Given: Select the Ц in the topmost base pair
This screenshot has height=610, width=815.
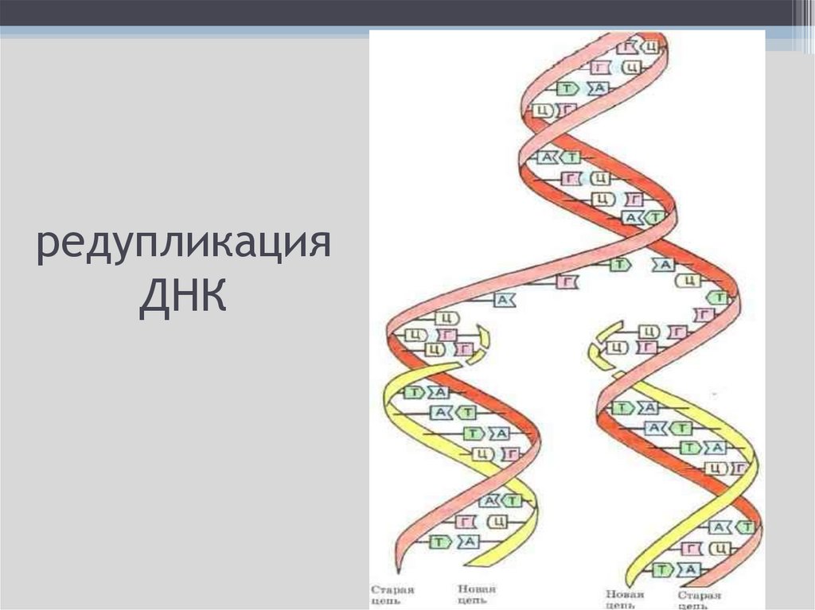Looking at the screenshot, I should click(x=650, y=47).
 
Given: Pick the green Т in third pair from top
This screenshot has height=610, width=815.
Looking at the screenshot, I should click(x=567, y=88).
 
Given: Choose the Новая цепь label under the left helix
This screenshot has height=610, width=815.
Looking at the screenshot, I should click(x=477, y=594).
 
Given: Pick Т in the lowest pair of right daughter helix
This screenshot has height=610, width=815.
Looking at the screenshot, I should click(x=660, y=569).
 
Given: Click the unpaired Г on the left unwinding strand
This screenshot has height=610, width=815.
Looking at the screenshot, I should click(x=566, y=282).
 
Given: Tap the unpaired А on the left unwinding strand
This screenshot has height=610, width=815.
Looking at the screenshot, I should click(x=503, y=299).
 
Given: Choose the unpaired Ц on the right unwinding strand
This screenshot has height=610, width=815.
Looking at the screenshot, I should click(x=689, y=281).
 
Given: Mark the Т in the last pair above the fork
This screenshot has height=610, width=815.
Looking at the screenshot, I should click(x=654, y=217).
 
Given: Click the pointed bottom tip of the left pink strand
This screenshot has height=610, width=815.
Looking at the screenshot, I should click(x=395, y=571).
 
